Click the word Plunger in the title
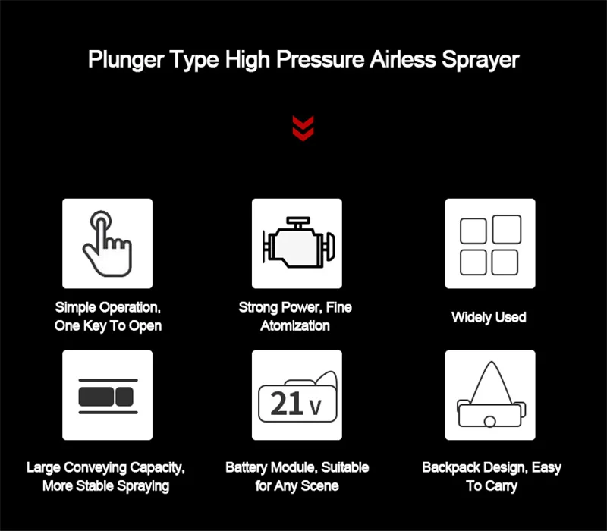(126, 61)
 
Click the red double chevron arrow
(303, 128)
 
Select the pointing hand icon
(107, 244)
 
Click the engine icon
(298, 243)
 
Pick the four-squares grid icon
(490, 244)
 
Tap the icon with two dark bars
(108, 396)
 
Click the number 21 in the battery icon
(286, 404)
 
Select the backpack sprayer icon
(491, 394)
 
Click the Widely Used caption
(489, 317)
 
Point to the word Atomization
(295, 326)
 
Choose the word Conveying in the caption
(96, 468)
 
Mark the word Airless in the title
(403, 60)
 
